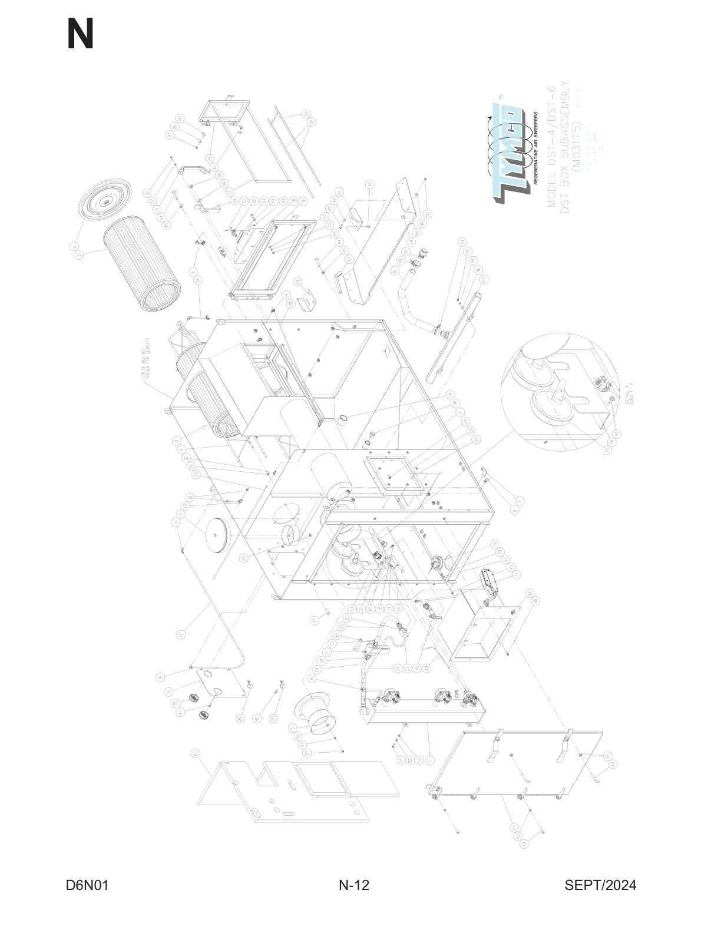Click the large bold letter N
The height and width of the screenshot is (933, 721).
[x=80, y=35]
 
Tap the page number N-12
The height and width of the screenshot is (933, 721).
[x=354, y=885]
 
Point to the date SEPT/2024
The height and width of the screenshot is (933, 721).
[x=600, y=885]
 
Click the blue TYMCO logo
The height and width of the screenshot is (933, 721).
[x=507, y=152]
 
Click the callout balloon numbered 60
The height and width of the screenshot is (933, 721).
[x=195, y=753]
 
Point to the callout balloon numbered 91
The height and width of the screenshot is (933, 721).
[x=395, y=270]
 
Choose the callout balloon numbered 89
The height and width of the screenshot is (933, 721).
[x=484, y=279]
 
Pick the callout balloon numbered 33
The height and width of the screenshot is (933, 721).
[x=306, y=113]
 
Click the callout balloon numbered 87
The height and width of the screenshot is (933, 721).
[x=171, y=134]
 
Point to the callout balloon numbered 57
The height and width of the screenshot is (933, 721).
[x=307, y=753]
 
